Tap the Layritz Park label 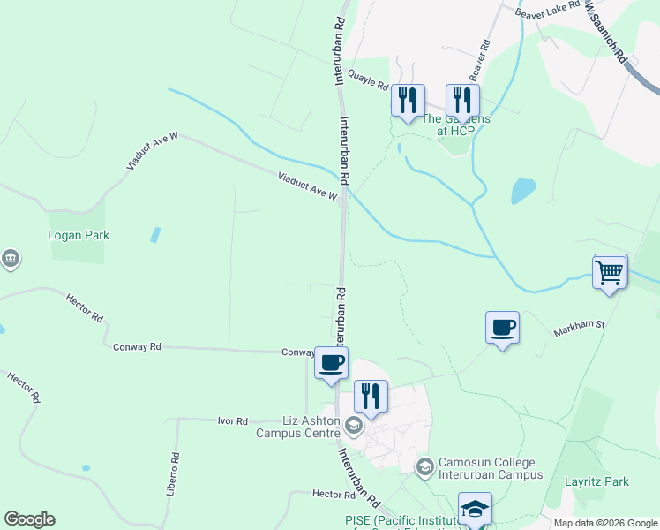point(596,481)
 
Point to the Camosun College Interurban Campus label point(488,468)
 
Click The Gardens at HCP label point(455,125)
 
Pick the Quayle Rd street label point(368,80)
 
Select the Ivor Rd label point(233,421)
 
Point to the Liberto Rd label point(174,474)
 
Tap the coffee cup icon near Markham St point(503,328)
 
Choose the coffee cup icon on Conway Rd point(332,363)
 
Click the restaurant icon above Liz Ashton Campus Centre point(371,397)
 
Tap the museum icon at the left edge point(10,259)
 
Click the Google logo point(29,519)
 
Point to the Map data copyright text point(604,523)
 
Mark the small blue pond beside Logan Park point(155,235)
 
